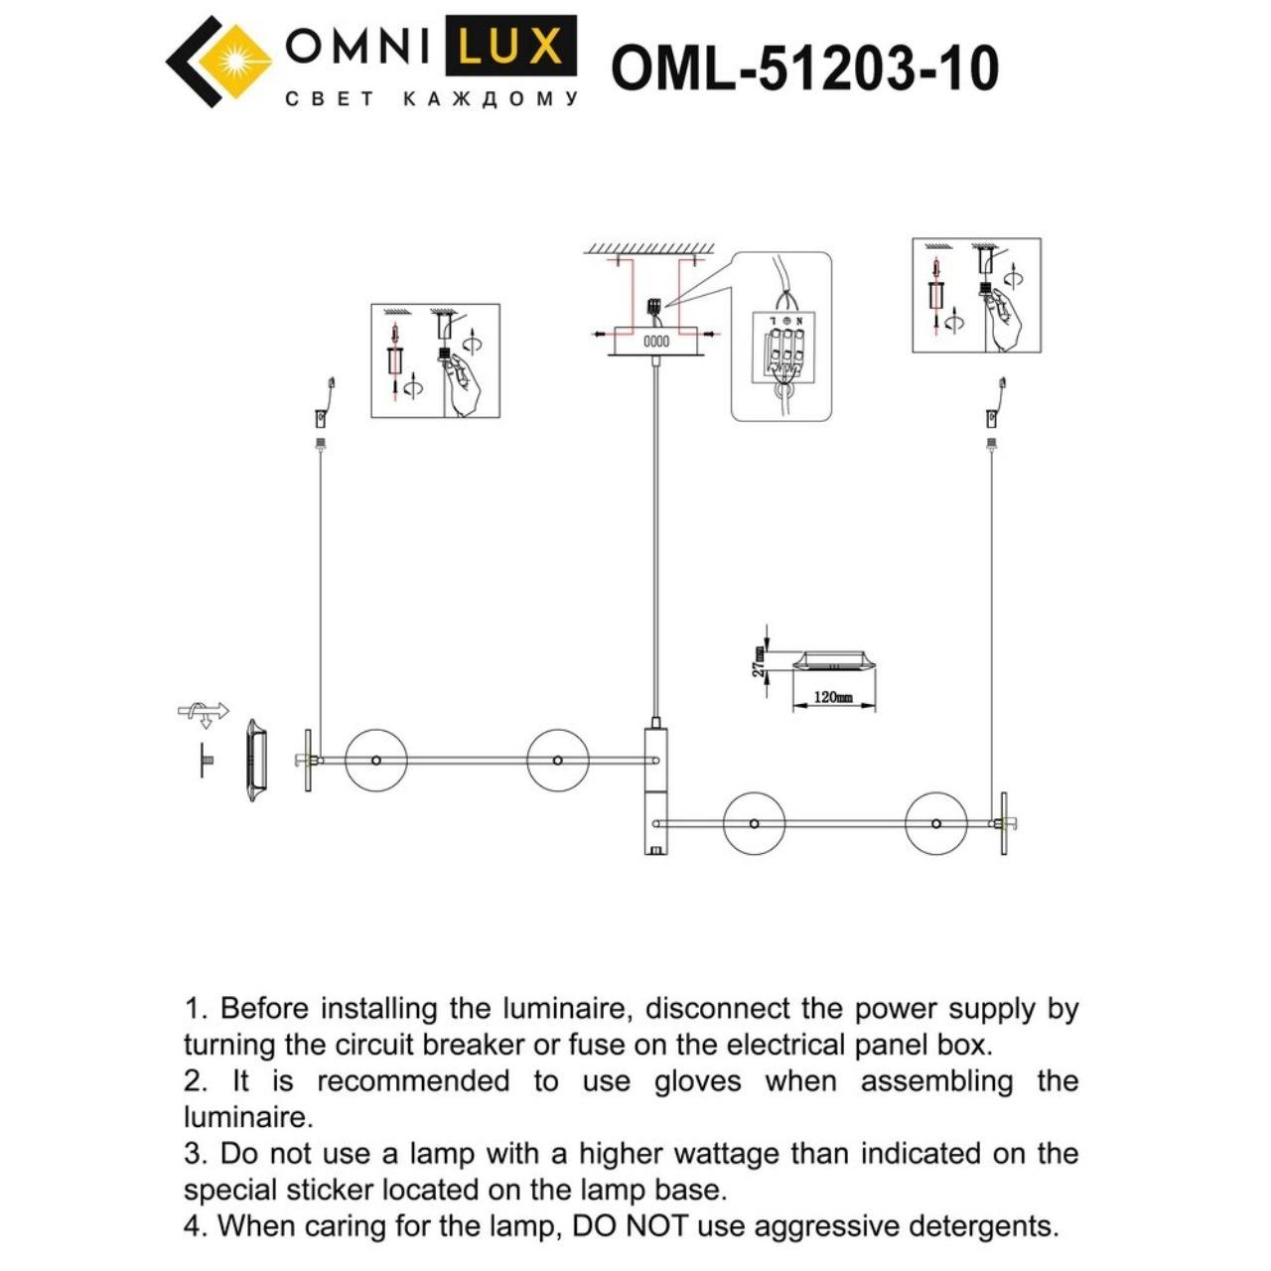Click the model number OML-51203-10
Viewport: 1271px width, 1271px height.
pyautogui.click(x=804, y=69)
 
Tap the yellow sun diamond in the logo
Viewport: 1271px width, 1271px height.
pyautogui.click(x=235, y=61)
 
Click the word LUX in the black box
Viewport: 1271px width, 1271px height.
pyautogui.click(x=510, y=47)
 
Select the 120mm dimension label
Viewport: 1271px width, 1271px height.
pyautogui.click(x=833, y=697)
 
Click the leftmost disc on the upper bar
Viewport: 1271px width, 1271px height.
pyautogui.click(x=375, y=761)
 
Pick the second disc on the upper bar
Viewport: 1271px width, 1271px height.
pyautogui.click(x=557, y=761)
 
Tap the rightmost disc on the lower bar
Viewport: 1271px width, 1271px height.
pyautogui.click(x=935, y=823)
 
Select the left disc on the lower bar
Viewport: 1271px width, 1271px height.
pyautogui.click(x=754, y=823)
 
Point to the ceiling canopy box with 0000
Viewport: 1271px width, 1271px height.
pyautogui.click(x=656, y=341)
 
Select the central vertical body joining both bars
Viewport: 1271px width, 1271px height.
pyautogui.click(x=655, y=789)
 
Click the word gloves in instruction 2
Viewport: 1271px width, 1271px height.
pyautogui.click(x=697, y=1081)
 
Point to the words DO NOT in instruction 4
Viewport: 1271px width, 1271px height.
pyautogui.click(x=623, y=1226)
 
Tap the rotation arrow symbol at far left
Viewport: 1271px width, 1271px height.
pyautogui.click(x=203, y=711)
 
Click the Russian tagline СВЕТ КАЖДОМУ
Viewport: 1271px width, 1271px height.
pyautogui.click(x=431, y=99)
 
